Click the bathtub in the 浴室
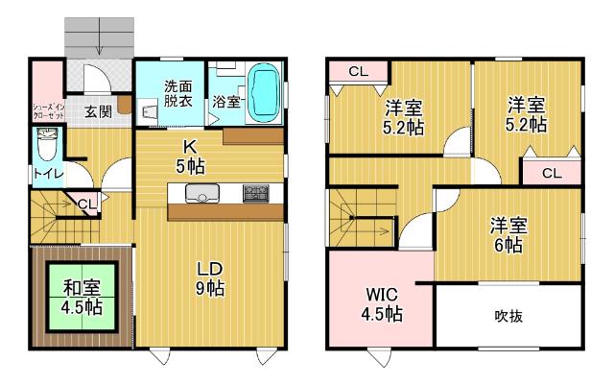(265, 93)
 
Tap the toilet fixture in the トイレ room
(47, 144)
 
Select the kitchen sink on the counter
(202, 193)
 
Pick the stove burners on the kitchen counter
(256, 193)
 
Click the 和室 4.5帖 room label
(82, 298)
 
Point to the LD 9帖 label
(210, 278)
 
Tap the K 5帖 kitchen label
(190, 156)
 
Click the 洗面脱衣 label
(177, 94)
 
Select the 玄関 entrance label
(98, 111)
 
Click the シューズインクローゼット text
(48, 110)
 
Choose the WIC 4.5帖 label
(382, 303)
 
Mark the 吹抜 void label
(508, 316)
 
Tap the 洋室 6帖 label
(508, 234)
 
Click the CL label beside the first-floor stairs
(86, 204)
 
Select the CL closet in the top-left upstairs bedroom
(358, 71)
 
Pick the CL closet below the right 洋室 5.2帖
(552, 173)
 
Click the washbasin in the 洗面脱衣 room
(149, 112)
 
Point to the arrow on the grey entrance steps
(100, 36)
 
